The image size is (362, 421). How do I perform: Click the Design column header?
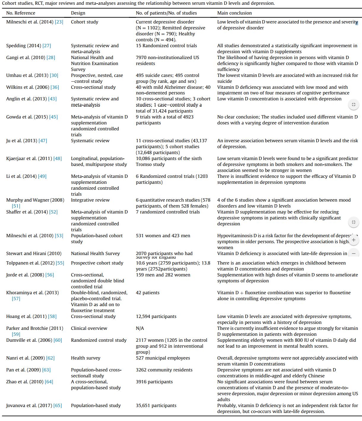(78, 13)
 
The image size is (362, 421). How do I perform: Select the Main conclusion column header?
(234, 13)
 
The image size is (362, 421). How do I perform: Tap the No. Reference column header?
(21, 13)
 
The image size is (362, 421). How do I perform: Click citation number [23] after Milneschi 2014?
(59, 22)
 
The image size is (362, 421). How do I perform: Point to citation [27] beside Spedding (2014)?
(47, 46)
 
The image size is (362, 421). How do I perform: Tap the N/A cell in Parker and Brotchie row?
(140, 328)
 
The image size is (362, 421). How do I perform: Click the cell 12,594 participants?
(156, 316)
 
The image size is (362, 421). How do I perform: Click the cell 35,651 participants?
(156, 406)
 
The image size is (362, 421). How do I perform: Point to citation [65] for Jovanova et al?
(58, 406)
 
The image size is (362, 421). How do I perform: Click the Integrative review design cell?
(90, 200)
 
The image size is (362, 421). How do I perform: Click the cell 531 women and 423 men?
(163, 236)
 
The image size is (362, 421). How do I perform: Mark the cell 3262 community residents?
(164, 370)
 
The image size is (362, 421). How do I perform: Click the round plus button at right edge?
(353, 240)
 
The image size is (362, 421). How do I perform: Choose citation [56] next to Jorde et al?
(50, 275)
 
